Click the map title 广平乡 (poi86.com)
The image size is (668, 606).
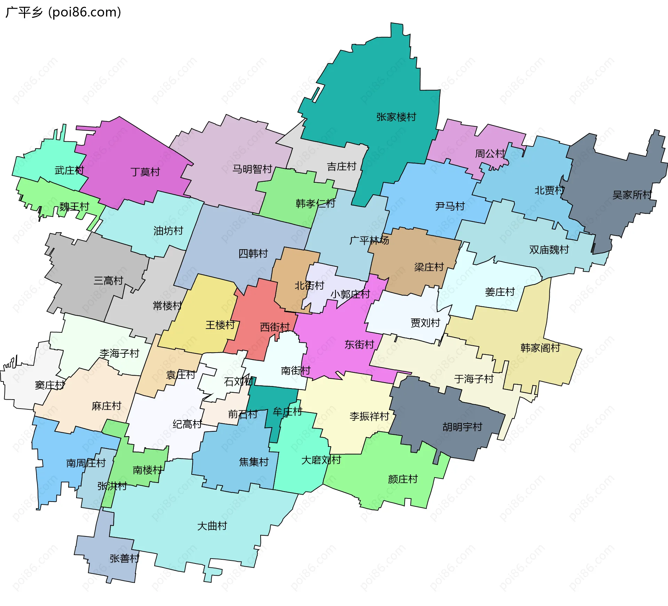63,12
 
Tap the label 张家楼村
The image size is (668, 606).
396,117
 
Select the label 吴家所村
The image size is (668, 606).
632,195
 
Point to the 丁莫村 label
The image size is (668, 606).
145,172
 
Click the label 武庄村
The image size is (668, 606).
69,171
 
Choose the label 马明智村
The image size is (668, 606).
252,169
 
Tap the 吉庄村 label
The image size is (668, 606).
341,167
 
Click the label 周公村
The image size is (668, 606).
490,154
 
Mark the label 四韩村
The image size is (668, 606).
253,253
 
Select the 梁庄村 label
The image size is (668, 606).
429,267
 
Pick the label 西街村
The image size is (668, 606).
275,327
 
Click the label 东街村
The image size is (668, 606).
359,345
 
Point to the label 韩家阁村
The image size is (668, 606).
540,348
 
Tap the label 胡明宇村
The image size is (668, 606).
462,427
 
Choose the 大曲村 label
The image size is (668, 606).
212,526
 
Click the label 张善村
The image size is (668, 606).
124,558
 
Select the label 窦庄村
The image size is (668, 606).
50,385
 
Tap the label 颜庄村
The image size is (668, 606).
403,479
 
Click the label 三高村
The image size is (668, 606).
108,281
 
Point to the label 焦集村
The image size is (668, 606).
254,462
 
